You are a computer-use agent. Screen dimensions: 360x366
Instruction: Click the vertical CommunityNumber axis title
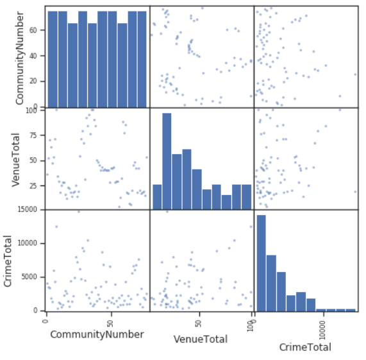click(x=20, y=56)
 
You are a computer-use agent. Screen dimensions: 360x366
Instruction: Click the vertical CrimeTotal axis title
click(x=9, y=260)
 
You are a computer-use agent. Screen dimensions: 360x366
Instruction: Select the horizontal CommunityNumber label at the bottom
click(x=97, y=334)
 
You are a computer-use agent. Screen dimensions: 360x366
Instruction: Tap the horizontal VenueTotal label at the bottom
click(x=201, y=339)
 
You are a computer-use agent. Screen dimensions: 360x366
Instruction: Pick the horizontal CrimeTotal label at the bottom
click(x=305, y=347)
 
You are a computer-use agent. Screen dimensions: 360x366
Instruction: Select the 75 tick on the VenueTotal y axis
click(x=35, y=134)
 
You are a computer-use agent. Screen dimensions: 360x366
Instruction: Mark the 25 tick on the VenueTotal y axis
click(x=35, y=184)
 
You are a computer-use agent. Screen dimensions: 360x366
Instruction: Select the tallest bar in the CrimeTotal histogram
click(x=261, y=262)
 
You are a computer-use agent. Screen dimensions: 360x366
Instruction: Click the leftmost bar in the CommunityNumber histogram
click(x=53, y=58)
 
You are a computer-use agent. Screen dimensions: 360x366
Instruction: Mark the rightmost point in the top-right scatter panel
click(x=355, y=74)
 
